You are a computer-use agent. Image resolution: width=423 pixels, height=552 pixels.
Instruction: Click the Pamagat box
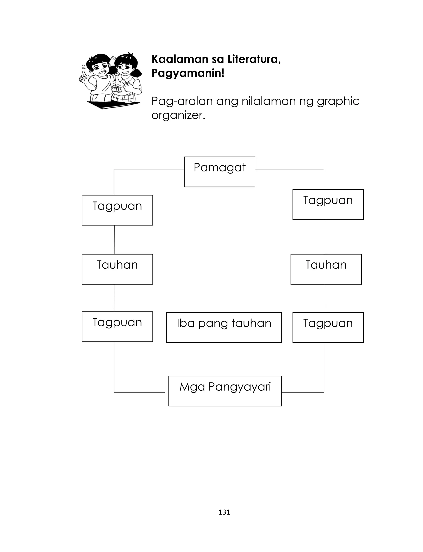220,172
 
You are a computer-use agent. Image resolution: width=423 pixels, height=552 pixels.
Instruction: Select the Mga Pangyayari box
225,391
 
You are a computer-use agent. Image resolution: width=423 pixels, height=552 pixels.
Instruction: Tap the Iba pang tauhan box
224,327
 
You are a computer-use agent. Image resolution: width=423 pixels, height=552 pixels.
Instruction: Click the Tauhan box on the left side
117,269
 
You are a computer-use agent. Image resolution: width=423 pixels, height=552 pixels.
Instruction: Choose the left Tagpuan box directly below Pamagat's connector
117,210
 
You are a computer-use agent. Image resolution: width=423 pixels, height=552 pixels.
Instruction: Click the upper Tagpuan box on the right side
328,204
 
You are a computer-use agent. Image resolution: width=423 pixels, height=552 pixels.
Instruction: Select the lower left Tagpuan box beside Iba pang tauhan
117,327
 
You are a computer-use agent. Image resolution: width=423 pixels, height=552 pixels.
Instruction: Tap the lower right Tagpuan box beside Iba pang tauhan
328,327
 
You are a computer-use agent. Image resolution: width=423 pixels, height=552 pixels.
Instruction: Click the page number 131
224,512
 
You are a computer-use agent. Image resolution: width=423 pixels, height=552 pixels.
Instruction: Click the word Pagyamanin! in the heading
188,73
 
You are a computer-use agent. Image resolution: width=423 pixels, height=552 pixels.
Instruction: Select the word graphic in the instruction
338,102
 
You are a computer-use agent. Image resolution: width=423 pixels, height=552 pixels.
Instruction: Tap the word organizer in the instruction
178,115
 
